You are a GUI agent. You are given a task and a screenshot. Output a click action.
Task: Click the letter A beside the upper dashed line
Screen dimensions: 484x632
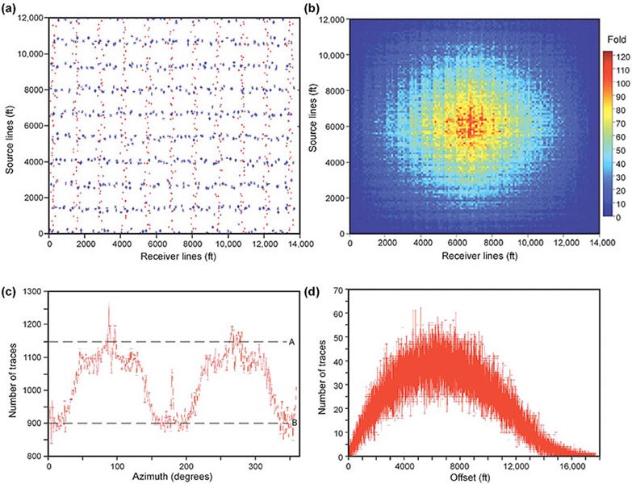291,342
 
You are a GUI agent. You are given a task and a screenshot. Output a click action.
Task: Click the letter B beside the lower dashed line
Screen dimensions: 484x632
291,423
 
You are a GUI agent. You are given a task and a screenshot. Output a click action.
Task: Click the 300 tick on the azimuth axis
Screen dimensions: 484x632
256,465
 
